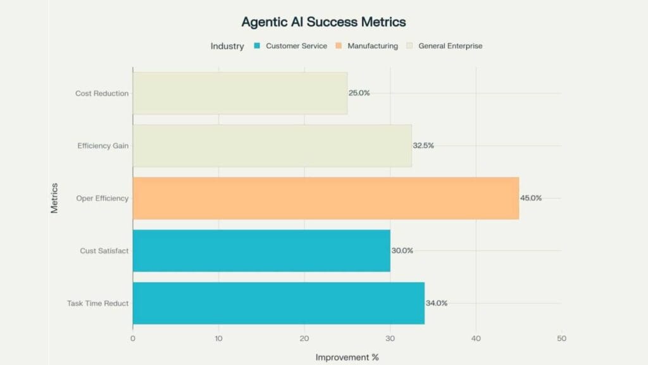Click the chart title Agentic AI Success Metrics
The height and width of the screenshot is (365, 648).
pyautogui.click(x=323, y=22)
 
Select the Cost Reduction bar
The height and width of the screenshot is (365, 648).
pyautogui.click(x=240, y=93)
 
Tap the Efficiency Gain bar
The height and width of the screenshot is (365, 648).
pyautogui.click(x=272, y=146)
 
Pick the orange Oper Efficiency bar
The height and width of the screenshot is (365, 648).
pyautogui.click(x=325, y=198)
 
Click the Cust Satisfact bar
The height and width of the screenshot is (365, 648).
pyautogui.click(x=261, y=250)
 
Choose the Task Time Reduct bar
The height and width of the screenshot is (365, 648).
pyautogui.click(x=278, y=303)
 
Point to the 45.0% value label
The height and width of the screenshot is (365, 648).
pyautogui.click(x=531, y=198)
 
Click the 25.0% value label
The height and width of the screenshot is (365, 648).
pyautogui.click(x=359, y=93)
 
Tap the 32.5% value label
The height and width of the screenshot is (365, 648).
pyautogui.click(x=423, y=146)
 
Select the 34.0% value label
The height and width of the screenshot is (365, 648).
pyautogui.click(x=437, y=303)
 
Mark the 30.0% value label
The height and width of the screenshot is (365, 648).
pyautogui.click(x=402, y=250)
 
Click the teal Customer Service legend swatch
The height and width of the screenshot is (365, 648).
pyautogui.click(x=257, y=46)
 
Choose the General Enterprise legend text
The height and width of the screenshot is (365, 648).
pyautogui.click(x=450, y=46)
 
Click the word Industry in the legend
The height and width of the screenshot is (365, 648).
pyautogui.click(x=227, y=46)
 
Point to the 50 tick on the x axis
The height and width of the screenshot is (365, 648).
pyautogui.click(x=561, y=338)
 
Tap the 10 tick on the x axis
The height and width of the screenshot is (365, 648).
pyautogui.click(x=218, y=338)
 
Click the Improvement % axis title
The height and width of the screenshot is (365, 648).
pyautogui.click(x=347, y=357)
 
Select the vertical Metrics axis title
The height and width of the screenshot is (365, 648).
pyautogui.click(x=54, y=198)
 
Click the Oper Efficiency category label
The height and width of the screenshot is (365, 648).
pyautogui.click(x=103, y=198)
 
